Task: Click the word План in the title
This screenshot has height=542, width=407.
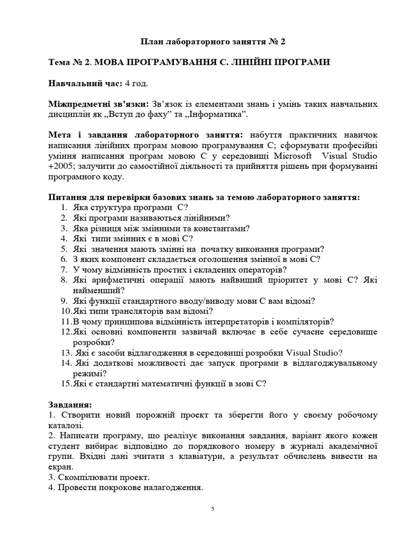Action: coord(152,41)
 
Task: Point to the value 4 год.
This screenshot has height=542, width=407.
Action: coord(136,84)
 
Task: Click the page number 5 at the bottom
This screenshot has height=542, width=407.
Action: coord(213,509)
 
